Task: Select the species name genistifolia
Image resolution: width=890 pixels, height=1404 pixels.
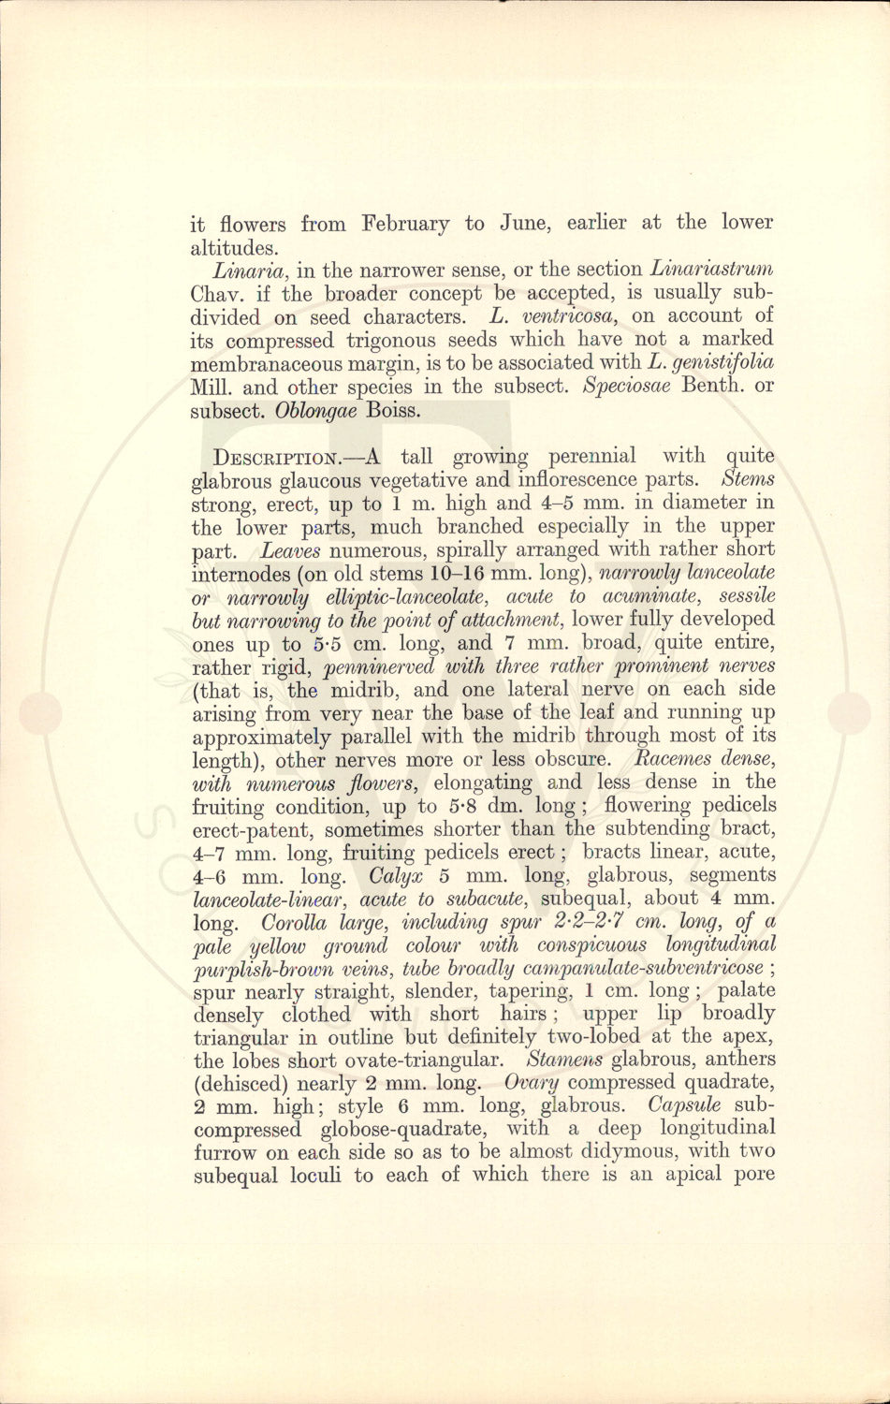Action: pyautogui.click(x=722, y=362)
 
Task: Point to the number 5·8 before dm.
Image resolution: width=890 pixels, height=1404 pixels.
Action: pyautogui.click(x=462, y=806)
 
